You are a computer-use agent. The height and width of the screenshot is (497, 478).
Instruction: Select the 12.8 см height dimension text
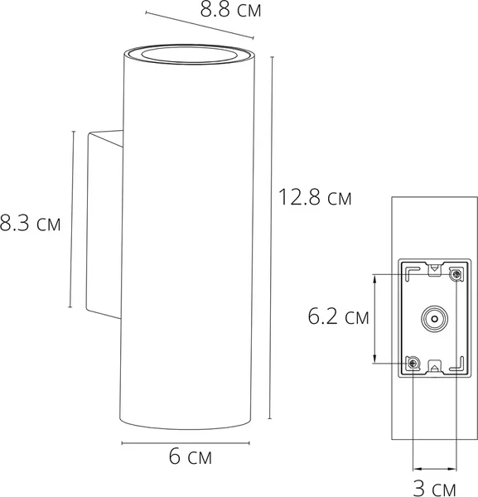click(314, 198)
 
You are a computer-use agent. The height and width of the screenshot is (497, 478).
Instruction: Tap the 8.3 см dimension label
click(31, 224)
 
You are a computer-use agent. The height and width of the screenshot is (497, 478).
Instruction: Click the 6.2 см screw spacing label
click(338, 316)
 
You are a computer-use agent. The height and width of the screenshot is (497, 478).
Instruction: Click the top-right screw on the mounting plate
click(454, 273)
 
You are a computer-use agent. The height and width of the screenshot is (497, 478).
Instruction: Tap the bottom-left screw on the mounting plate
click(412, 363)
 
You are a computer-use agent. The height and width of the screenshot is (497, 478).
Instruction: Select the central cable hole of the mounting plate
click(433, 318)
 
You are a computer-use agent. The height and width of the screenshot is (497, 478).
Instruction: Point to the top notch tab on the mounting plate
click(433, 268)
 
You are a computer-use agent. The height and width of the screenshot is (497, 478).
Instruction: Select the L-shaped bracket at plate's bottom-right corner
click(455, 364)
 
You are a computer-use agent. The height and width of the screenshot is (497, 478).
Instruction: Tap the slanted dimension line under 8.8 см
click(199, 24)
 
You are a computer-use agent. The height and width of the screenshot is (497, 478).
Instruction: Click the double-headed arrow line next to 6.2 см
click(377, 318)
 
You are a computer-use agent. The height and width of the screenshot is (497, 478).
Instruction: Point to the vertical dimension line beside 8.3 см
click(71, 220)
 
